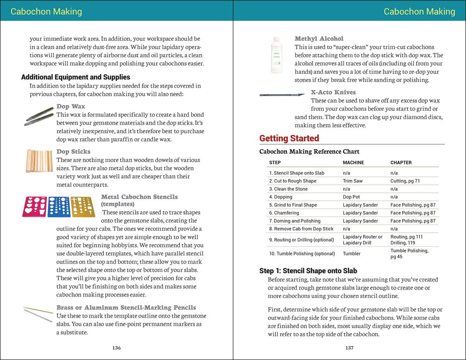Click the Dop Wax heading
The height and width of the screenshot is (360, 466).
click(71, 107)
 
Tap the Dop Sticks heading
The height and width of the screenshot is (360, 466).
click(74, 152)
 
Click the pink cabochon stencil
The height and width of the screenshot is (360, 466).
click(34, 206)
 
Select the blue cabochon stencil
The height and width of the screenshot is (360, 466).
click(59, 206)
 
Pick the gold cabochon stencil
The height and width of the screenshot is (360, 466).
click(83, 206)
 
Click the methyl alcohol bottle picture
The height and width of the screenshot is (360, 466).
click(276, 55)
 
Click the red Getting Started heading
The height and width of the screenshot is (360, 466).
click(289, 138)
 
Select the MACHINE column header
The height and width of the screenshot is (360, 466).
click(353, 163)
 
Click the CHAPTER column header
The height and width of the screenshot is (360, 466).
click(401, 163)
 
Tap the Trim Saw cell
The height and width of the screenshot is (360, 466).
click(353, 181)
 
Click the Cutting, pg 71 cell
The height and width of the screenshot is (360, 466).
click(408, 181)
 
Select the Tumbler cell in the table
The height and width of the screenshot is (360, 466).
click(352, 254)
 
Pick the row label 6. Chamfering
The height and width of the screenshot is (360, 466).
click(283, 213)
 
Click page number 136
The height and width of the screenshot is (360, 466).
click(116, 348)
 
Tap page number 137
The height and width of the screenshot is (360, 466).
click(349, 348)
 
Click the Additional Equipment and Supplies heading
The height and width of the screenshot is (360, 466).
click(75, 77)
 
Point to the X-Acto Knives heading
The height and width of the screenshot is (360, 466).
click(333, 92)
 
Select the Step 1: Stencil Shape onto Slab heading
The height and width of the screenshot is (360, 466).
click(308, 271)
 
